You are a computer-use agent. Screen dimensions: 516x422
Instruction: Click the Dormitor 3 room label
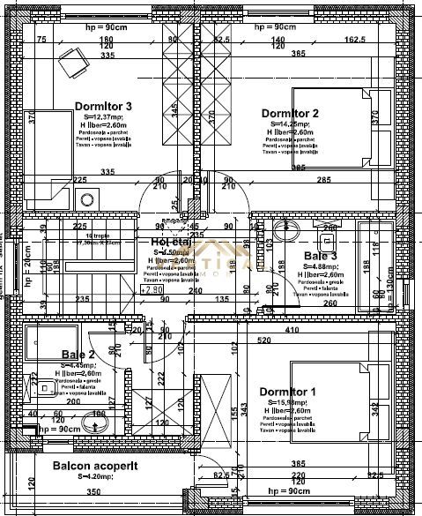point(103,106)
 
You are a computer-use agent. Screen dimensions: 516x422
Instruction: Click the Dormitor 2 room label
point(289,113)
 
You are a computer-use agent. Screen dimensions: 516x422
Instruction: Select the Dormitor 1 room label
point(287,391)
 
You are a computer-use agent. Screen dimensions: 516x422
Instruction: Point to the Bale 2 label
point(78,355)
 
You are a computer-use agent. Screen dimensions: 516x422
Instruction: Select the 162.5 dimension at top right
point(356,40)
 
